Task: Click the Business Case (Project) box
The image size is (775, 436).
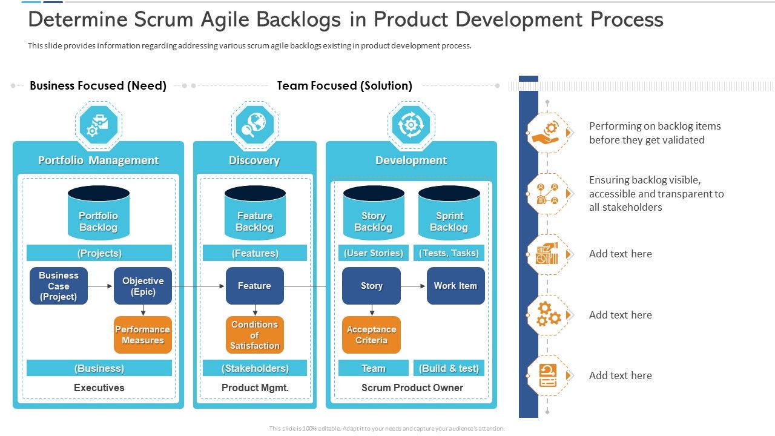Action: pyautogui.click(x=59, y=286)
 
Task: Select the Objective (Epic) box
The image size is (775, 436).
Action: pyautogui.click(x=143, y=286)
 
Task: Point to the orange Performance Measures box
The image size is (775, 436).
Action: pyautogui.click(x=143, y=335)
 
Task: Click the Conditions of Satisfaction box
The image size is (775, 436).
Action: pyautogui.click(x=254, y=335)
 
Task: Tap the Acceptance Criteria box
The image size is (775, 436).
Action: pyautogui.click(x=371, y=335)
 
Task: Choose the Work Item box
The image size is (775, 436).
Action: pyautogui.click(x=455, y=286)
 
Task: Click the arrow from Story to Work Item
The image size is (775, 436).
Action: pyautogui.click(x=414, y=286)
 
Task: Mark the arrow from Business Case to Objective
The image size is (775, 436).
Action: pyautogui.click(x=101, y=286)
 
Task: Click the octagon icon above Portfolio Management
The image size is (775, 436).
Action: pyautogui.click(x=98, y=125)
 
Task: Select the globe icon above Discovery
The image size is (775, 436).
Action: pyautogui.click(x=254, y=125)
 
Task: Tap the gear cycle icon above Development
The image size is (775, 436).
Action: pyautogui.click(x=411, y=125)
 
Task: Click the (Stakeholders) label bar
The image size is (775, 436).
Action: pyautogui.click(x=254, y=368)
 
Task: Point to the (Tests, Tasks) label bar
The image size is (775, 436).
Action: pyautogui.click(x=449, y=253)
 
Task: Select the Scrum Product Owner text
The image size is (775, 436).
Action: pyautogui.click(x=412, y=388)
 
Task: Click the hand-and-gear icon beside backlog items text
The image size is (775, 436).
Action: pyautogui.click(x=547, y=133)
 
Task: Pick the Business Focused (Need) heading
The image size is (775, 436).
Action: pyautogui.click(x=98, y=85)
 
